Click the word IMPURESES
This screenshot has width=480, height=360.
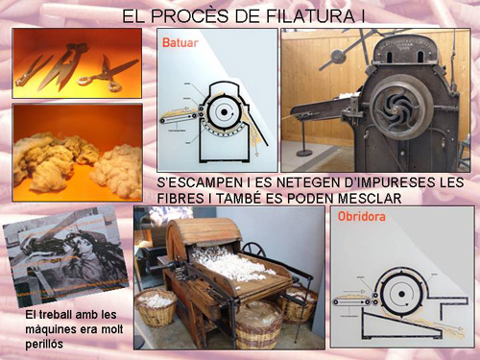click(x=397, y=180)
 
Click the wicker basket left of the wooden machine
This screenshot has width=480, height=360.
click(x=156, y=307)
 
